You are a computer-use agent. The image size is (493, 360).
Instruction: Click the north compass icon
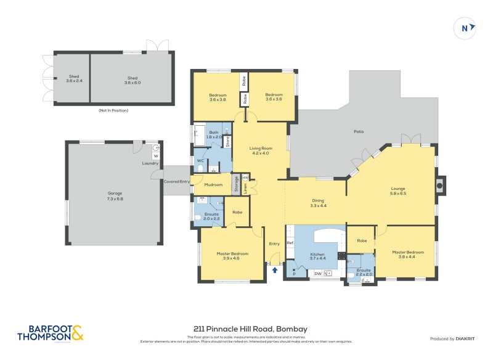point(467,27)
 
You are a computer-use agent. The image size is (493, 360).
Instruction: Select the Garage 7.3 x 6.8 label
point(115,196)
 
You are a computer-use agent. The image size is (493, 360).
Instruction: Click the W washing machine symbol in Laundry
point(155,156)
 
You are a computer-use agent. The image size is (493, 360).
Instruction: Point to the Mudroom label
point(213,184)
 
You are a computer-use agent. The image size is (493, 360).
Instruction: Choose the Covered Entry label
point(177,182)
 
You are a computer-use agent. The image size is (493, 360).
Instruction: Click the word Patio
point(358,132)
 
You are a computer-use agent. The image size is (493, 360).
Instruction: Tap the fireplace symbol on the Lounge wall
point(439,185)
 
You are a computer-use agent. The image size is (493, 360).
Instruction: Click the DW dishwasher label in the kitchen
point(317,273)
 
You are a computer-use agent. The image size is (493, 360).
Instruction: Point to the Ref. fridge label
point(290,243)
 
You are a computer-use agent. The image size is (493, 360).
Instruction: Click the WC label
point(200,161)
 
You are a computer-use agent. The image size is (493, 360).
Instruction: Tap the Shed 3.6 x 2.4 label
point(73,80)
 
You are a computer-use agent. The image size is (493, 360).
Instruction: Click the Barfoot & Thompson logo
point(50,333)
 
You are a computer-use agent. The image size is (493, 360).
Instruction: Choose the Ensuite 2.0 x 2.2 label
point(211,216)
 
